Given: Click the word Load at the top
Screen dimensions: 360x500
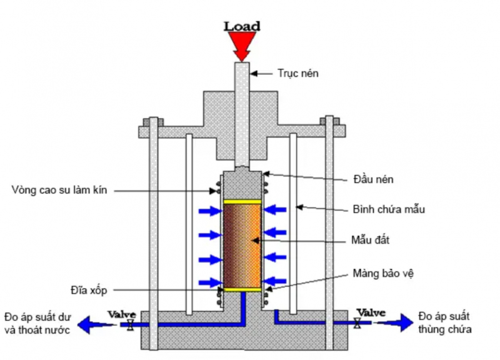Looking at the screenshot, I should [x=242, y=26].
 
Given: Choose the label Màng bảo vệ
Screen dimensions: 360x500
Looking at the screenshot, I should [x=378, y=273].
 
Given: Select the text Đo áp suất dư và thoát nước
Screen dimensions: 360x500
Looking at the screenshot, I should [x=37, y=323].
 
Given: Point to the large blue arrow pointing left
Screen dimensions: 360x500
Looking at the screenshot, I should [x=89, y=324].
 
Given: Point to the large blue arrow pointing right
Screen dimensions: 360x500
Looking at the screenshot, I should [x=403, y=322].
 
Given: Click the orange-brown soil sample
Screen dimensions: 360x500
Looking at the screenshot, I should [x=242, y=245].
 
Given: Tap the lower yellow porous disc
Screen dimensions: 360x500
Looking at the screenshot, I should [x=242, y=289].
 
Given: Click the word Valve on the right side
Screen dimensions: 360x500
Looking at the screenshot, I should [x=371, y=312].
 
